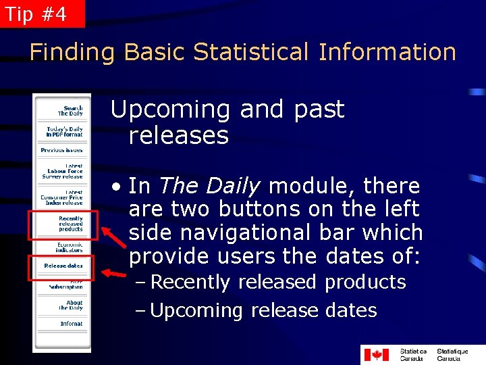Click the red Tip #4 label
(42, 14)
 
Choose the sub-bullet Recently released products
(277, 282)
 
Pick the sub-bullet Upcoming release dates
(263, 311)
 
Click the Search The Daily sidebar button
(70, 111)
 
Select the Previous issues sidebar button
(62, 150)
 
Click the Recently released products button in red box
(68, 224)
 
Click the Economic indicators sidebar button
(69, 247)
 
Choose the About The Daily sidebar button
(71, 306)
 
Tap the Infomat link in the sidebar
(71, 324)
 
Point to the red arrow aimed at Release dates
(113, 274)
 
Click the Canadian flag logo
(377, 355)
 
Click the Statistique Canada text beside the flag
(452, 355)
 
